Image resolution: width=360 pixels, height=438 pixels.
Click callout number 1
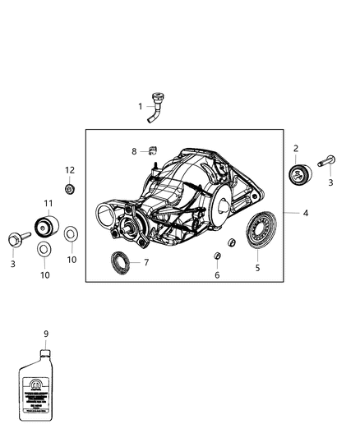[141, 106]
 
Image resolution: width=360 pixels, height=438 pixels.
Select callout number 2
[296, 149]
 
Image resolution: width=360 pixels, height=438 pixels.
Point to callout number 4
[305, 213]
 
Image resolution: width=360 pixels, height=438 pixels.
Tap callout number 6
[217, 275]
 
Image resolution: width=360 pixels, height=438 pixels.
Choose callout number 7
[145, 263]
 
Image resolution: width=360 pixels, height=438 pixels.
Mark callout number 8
[134, 151]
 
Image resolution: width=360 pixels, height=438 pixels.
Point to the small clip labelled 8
[151, 150]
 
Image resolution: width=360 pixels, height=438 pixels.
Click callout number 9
[46, 334]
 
